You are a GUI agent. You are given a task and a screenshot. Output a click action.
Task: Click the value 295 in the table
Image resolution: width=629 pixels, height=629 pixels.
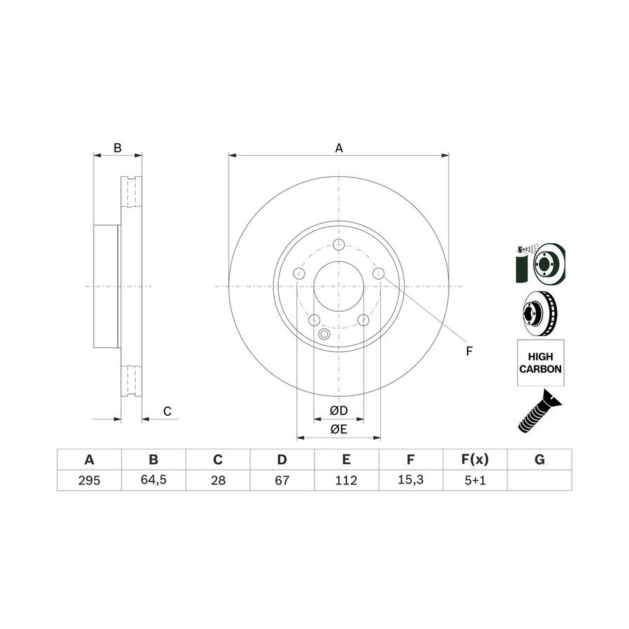[89, 480]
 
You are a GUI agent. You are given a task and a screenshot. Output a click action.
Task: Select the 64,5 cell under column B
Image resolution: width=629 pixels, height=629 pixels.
[153, 479]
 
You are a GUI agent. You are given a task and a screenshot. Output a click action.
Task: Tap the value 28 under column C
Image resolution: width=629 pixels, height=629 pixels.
[218, 480]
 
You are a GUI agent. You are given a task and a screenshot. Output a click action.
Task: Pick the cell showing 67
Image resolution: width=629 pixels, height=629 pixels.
[282, 480]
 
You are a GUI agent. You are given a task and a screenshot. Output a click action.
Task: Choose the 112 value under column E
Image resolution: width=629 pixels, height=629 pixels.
[346, 480]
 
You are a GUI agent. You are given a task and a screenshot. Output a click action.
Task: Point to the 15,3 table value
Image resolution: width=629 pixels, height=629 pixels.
[410, 479]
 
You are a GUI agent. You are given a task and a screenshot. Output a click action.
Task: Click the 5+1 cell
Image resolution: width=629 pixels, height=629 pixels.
[475, 480]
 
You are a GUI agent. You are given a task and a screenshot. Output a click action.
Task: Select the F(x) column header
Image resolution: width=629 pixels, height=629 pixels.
[475, 459]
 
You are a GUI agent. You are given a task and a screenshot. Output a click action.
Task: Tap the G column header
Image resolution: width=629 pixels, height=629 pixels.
[540, 459]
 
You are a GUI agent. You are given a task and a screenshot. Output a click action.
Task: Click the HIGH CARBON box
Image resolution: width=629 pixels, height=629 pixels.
[540, 363]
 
